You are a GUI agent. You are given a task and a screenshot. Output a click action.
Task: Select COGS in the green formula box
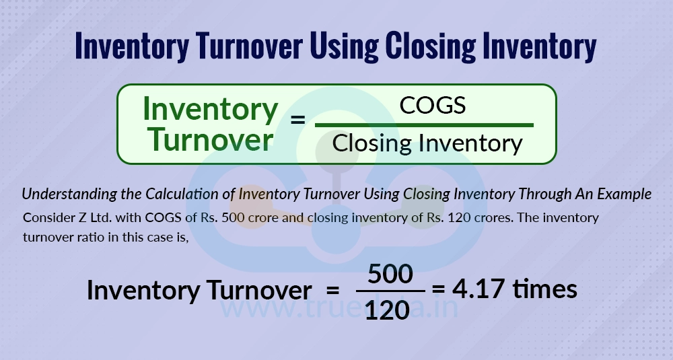(433, 106)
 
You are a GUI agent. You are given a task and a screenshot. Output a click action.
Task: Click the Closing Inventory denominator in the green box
(427, 143)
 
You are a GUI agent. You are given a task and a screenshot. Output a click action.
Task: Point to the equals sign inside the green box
(297, 121)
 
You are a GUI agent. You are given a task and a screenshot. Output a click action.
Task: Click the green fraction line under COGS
(424, 124)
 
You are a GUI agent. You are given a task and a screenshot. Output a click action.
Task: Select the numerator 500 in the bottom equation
(390, 275)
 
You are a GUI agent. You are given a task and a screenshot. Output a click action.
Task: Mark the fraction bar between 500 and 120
(390, 291)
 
